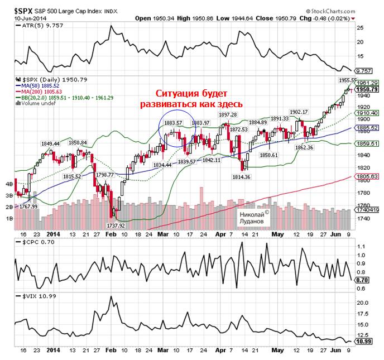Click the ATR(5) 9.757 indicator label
(x=40, y=25)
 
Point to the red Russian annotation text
(x=193, y=99)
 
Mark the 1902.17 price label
(x=299, y=113)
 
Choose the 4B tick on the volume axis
(x=9, y=184)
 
